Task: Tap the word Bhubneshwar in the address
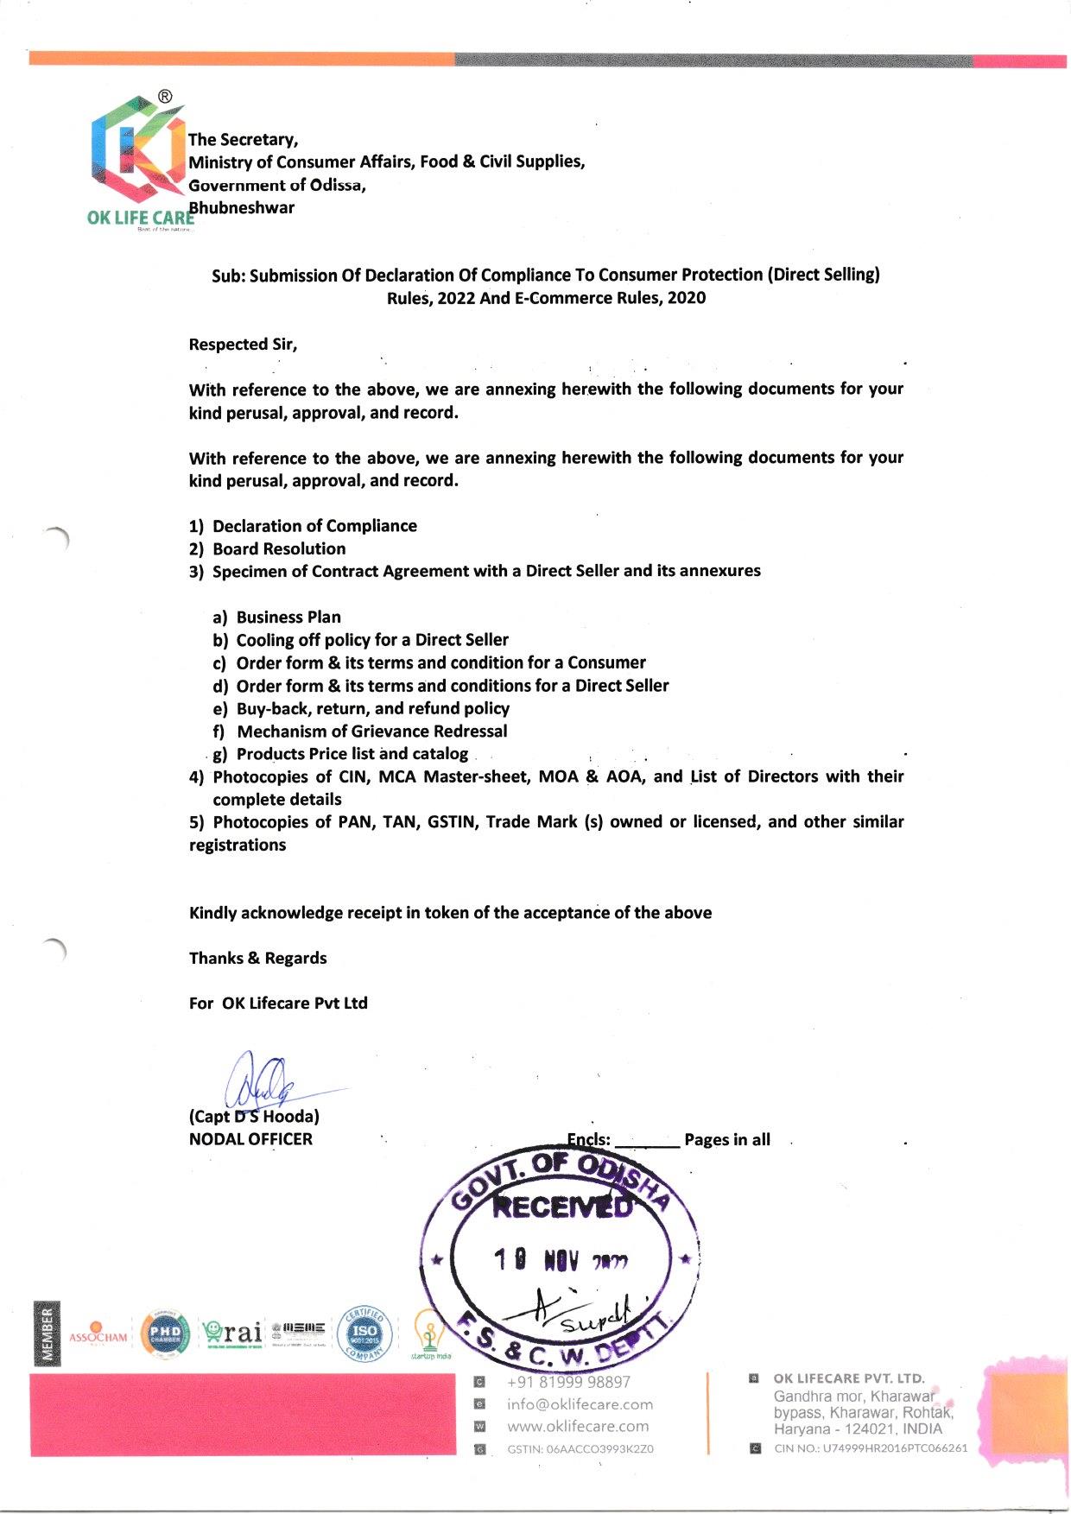tap(243, 208)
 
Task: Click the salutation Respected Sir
tap(243, 345)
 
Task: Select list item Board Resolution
tap(279, 549)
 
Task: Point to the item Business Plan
tap(288, 618)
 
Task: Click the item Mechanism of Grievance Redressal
tap(372, 732)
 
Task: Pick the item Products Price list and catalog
tap(352, 754)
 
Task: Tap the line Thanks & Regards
tap(257, 958)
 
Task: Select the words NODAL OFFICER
tap(250, 1139)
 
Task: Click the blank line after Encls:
tap(648, 1142)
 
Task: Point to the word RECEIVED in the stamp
tap(561, 1207)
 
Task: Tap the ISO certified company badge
tap(364, 1332)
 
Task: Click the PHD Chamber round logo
tap(165, 1333)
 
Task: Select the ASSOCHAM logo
tap(98, 1334)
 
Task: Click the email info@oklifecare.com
tap(580, 1404)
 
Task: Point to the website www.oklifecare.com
tap(578, 1426)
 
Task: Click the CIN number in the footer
tap(871, 1448)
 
